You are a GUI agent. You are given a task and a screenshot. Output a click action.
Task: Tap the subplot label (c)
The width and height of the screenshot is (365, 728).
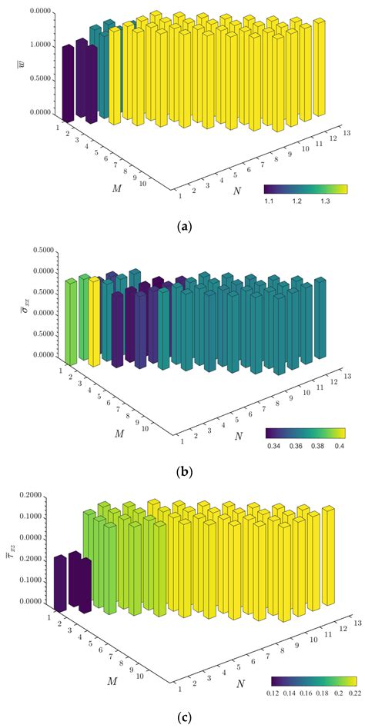click(x=182, y=717)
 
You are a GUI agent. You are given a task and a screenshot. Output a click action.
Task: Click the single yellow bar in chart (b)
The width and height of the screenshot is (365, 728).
click(x=95, y=323)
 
